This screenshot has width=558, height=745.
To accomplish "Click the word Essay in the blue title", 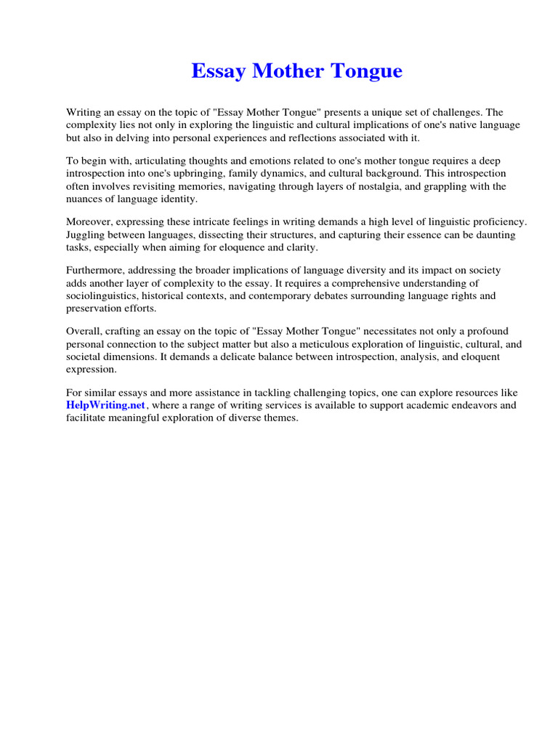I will click(x=217, y=71).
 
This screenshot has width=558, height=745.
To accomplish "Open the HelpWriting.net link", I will click(x=106, y=405).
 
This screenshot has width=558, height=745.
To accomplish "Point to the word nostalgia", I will click(x=378, y=186).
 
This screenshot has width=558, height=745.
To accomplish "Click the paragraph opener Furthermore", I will click(x=97, y=270).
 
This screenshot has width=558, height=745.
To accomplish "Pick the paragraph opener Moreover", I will click(x=90, y=222).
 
